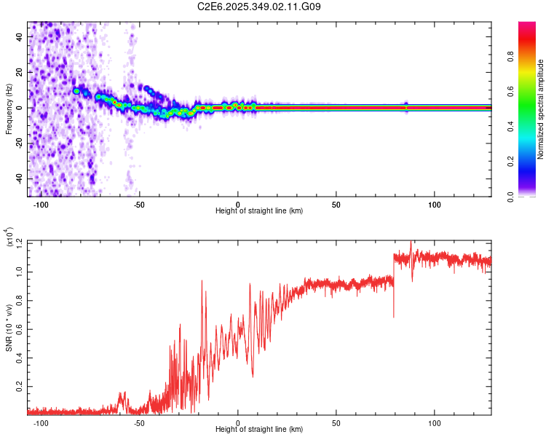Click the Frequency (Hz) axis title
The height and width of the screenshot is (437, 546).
click(x=9, y=109)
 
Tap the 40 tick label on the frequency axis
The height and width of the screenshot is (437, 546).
click(x=20, y=36)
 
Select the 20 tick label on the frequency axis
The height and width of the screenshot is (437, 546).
click(x=20, y=72)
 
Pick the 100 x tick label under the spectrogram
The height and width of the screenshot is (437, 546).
click(x=435, y=204)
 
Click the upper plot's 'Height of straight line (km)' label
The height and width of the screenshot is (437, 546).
click(x=259, y=211)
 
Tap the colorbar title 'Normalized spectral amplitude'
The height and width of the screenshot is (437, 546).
click(x=541, y=110)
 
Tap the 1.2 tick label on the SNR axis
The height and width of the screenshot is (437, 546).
click(x=20, y=242)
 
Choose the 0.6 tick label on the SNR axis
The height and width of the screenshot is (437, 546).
click(x=20, y=328)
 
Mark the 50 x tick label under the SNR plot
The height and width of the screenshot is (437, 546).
click(x=336, y=423)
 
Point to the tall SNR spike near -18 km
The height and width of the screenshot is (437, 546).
click(x=202, y=281)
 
